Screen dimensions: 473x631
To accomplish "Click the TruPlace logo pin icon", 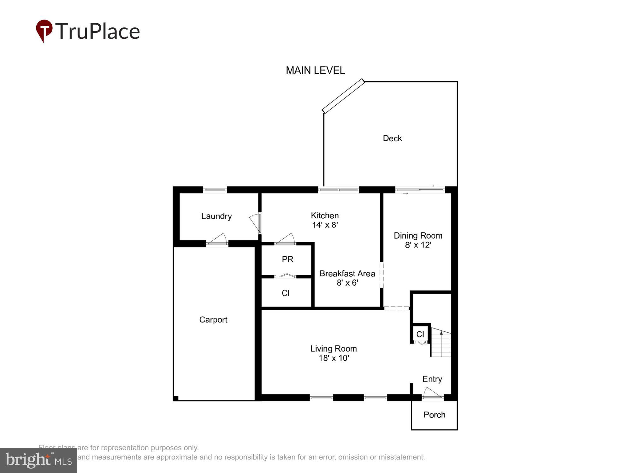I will coord(44,30).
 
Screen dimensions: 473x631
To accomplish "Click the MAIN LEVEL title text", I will coord(315,70).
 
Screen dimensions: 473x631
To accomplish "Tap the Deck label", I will coord(392,138).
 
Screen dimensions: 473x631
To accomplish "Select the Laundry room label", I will coord(216,216).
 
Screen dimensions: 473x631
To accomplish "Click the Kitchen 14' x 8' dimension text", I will coord(325,225).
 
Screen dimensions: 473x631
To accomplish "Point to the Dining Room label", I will coord(418,236).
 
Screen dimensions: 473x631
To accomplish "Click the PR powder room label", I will coord(287,259).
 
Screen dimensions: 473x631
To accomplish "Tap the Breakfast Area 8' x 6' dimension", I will coord(347,283).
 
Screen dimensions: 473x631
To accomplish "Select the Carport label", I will coord(213,320).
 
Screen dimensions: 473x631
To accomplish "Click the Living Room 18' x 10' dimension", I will coord(334,358).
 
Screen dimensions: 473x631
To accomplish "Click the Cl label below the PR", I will coord(286,293).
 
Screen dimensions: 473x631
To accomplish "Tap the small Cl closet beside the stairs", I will coord(420,334).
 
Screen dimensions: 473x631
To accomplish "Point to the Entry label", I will coord(432,379).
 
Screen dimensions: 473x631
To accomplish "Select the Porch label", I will coord(434,415).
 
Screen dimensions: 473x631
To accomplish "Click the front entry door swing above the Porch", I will coord(432,394).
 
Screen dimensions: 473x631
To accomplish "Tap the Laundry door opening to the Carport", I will coord(218,240).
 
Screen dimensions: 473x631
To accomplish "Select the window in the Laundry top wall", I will coord(215,190).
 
